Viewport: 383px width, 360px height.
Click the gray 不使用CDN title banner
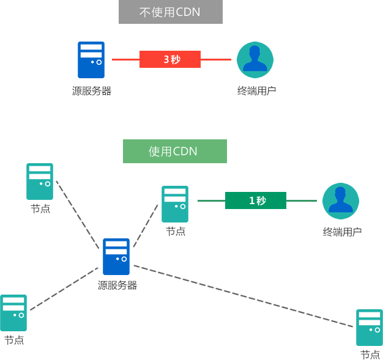(x=171, y=12)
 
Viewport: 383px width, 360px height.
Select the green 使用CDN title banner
(x=175, y=151)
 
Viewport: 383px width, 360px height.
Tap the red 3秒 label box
(x=170, y=59)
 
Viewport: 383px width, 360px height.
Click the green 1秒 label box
(x=256, y=200)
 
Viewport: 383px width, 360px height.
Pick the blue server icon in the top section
(x=91, y=60)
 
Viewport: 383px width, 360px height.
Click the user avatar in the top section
(x=255, y=60)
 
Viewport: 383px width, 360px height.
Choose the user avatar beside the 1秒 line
(x=341, y=201)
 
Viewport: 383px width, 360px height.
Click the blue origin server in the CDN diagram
(x=116, y=257)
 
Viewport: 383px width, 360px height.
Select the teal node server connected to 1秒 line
(x=175, y=204)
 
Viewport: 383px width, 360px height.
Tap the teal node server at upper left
(x=40, y=182)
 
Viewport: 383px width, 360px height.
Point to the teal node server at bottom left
(x=13, y=313)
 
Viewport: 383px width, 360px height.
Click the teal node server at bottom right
(x=370, y=328)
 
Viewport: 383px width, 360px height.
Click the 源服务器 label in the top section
(x=92, y=91)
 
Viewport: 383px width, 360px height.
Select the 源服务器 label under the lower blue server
(x=117, y=285)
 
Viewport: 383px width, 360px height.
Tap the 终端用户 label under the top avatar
(x=257, y=91)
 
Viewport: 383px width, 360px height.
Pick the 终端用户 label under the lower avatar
(x=342, y=232)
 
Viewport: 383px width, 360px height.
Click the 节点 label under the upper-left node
(x=40, y=209)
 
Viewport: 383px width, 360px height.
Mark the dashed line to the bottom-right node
(x=244, y=296)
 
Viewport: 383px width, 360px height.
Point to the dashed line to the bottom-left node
(x=64, y=289)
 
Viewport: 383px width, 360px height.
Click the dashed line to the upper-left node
(x=78, y=215)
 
